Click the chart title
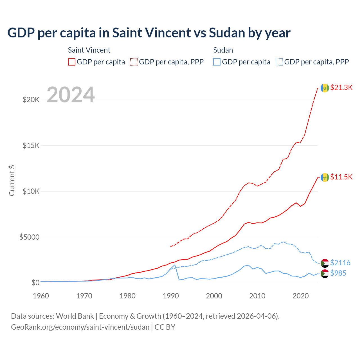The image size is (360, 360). [x=149, y=33]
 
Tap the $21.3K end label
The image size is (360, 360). [x=341, y=87]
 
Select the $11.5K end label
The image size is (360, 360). [x=341, y=177]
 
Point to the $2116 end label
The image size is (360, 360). [x=340, y=263]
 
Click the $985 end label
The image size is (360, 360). [x=338, y=273]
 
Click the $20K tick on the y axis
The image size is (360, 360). [x=31, y=100]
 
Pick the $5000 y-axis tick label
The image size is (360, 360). [x=29, y=237]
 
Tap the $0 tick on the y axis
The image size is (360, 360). [x=35, y=283]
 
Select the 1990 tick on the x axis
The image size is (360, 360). [x=171, y=296]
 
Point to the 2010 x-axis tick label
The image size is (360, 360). [x=257, y=296]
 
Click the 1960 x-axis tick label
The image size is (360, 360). [x=41, y=296]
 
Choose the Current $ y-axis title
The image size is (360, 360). [x=12, y=181]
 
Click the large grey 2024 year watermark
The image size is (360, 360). [x=71, y=95]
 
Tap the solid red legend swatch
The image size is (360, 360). [x=72, y=62]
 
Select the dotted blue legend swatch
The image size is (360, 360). [x=279, y=62]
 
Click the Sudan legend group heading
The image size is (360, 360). [x=223, y=50]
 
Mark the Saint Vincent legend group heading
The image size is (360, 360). [x=89, y=50]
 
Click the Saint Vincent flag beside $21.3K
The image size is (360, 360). [x=325, y=88]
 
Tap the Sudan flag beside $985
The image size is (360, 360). [x=325, y=273]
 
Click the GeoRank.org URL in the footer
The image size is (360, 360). [x=80, y=327]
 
